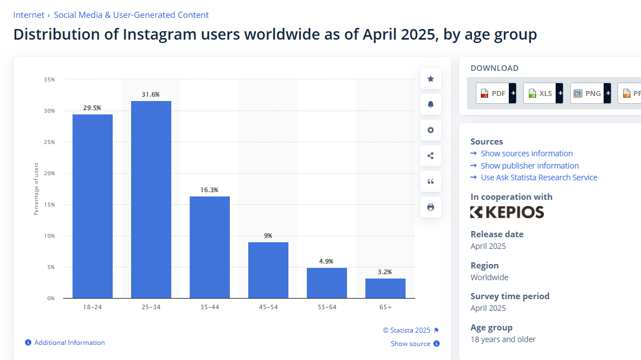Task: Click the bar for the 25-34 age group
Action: [x=151, y=199]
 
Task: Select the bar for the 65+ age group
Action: [x=385, y=288]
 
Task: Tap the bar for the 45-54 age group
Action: [x=268, y=270]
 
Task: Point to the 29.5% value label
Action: [x=92, y=108]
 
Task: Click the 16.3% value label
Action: [x=209, y=190]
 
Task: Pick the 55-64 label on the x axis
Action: [x=327, y=307]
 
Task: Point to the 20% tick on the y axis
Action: [x=50, y=174]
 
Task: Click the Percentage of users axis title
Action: [x=36, y=189]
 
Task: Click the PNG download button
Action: [x=587, y=93]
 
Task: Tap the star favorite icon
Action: [x=431, y=79]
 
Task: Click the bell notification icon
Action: [x=431, y=104]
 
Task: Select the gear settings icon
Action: [x=431, y=130]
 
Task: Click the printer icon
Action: [x=431, y=207]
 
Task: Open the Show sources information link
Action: [x=526, y=153]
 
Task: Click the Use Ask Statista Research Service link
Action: [x=538, y=177]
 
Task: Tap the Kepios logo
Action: [x=507, y=212]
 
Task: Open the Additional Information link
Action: [x=69, y=343]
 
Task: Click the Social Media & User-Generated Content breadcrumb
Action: [x=131, y=15]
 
